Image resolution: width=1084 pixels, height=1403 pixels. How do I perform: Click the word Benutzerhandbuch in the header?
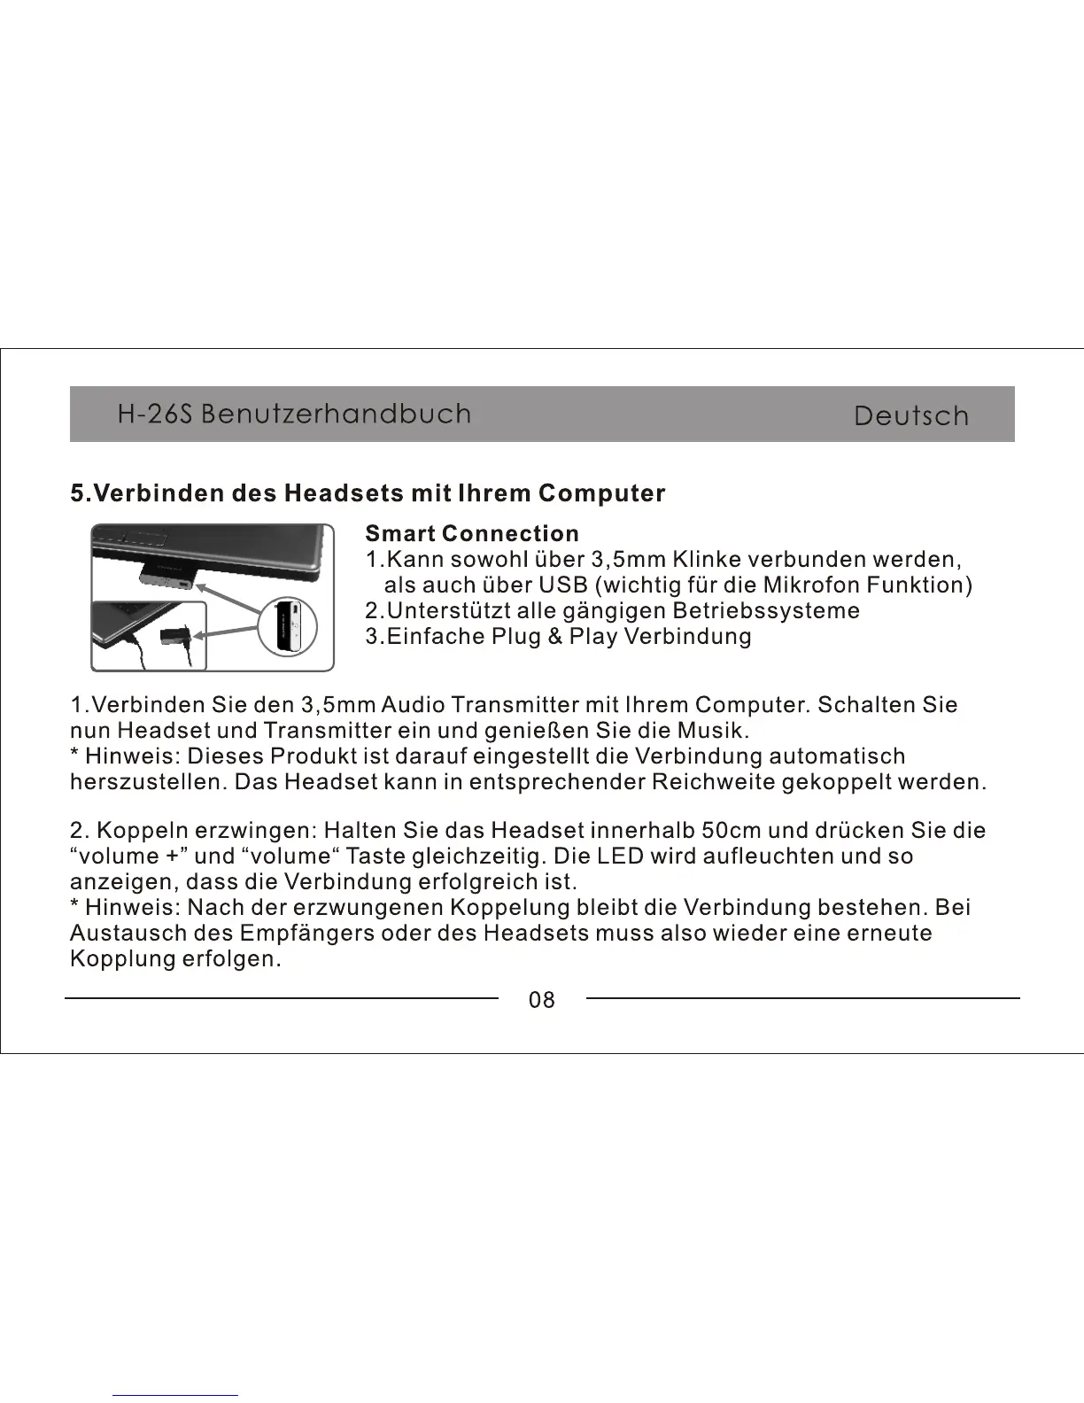point(336,415)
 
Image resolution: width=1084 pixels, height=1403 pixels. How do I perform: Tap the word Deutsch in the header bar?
point(911,416)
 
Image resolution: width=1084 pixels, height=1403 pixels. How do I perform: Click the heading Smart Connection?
point(472,534)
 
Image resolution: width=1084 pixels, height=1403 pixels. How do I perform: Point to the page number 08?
point(541,1000)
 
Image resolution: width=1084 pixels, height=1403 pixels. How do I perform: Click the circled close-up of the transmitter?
point(288,627)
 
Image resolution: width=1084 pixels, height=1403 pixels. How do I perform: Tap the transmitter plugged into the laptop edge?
point(167,576)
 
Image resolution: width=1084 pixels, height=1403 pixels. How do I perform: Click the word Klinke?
point(706,560)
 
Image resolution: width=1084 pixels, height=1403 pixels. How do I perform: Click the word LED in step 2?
point(621,857)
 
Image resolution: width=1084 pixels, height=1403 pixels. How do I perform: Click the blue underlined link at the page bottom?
point(175,1395)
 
